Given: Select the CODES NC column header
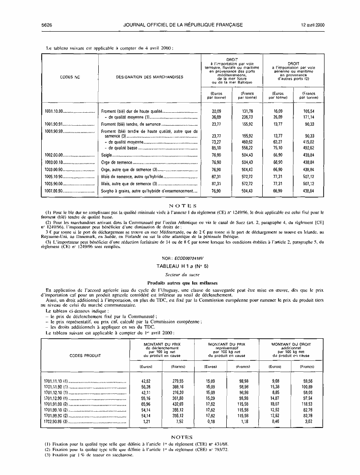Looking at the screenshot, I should pos(70,77).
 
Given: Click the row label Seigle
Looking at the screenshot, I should pos(106,155).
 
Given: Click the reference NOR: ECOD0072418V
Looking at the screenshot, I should pos(180,258).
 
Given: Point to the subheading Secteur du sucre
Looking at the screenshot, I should pos(180,274).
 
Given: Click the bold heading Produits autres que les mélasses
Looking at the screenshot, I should pos(180,282).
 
